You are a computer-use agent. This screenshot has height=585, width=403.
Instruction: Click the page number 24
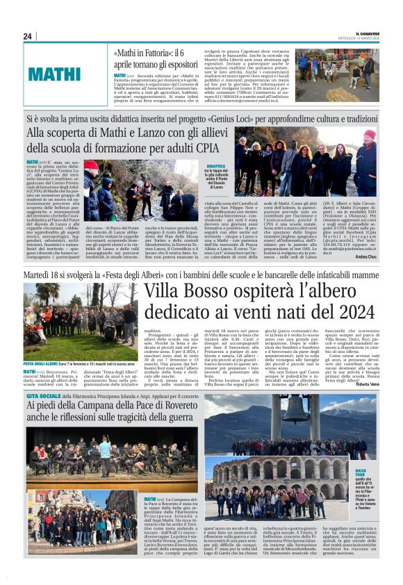click(x=28, y=36)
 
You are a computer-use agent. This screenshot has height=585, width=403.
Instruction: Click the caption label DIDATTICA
click(x=216, y=167)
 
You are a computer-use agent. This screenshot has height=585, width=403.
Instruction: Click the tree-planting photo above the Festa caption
click(x=81, y=321)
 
